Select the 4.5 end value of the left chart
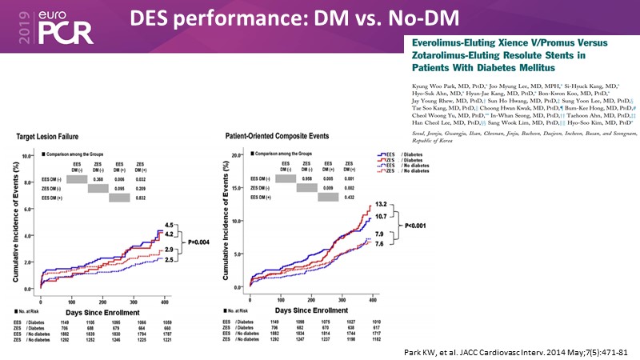pos(169,224)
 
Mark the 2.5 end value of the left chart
pos(169,260)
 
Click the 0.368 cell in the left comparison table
pos(98,179)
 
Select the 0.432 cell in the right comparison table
pos(349,197)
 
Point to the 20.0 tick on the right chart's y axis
pos(237,155)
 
